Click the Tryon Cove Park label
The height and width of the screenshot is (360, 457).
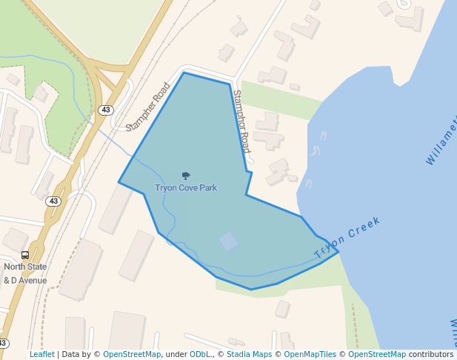pos(186,188)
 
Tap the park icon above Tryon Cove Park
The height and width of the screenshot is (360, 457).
pos(186,176)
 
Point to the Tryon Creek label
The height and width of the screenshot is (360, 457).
pos(347,238)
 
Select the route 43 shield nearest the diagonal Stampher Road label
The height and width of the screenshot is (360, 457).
pos(106,110)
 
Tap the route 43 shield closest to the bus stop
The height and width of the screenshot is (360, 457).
pos(53,201)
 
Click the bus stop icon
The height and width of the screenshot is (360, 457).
pos(25,255)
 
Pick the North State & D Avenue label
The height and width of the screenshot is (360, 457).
pos(25,273)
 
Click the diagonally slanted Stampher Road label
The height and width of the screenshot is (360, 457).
pos(148,107)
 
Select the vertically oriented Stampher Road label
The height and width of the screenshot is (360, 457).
pos(242,121)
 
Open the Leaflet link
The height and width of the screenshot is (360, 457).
pos(41,355)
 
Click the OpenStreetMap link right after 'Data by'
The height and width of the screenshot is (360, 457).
pos(132,355)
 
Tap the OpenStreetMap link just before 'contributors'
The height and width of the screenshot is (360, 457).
pos(377,355)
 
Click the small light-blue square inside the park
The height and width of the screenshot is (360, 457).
pos(229,241)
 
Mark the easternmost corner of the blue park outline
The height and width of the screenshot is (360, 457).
pos(338,252)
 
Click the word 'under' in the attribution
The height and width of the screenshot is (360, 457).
pos(176,355)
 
